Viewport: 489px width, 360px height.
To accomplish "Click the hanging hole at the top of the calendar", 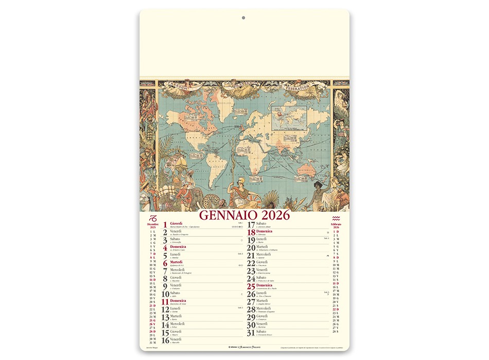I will (x=243, y=18).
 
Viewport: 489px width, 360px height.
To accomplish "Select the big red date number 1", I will (x=165, y=225).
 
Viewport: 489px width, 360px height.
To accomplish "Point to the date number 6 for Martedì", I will (x=165, y=263).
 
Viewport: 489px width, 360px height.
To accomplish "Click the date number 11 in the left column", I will (x=164, y=302).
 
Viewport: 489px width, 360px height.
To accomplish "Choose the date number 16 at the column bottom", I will (x=164, y=340).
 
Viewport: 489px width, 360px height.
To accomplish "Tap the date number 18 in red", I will (x=251, y=232).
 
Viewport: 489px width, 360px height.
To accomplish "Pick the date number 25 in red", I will (x=251, y=286).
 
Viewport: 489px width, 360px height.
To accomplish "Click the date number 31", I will (x=251, y=333).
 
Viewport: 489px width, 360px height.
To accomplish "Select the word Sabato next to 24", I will (x=262, y=277).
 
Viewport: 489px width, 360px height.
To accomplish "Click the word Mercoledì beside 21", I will (x=265, y=254).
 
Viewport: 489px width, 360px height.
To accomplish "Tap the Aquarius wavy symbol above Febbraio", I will (x=336, y=218).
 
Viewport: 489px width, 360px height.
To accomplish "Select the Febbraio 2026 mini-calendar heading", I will (x=336, y=226).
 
